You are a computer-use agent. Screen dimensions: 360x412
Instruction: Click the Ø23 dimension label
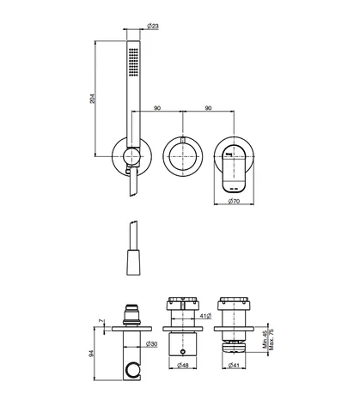point(153,26)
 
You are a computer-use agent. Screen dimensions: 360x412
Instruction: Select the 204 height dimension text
point(92,99)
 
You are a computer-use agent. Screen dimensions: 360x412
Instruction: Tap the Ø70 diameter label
point(234,201)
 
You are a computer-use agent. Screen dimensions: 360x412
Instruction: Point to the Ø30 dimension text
point(151,344)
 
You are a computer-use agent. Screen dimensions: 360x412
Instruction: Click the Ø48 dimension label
point(183,365)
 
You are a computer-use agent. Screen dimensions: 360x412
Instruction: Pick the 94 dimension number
point(91,354)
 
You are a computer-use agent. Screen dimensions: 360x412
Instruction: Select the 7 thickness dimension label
point(101,321)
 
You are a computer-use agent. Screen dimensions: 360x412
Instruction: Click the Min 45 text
point(265,339)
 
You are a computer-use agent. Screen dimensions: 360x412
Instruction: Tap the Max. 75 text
point(272,339)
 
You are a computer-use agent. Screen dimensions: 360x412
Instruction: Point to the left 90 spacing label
point(157,108)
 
